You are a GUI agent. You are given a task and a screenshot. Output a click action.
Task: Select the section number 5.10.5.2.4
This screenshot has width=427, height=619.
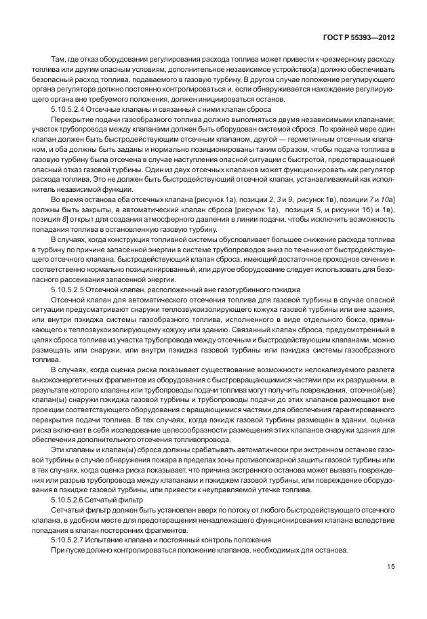73,109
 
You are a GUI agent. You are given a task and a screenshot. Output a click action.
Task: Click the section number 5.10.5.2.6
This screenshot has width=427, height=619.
73,499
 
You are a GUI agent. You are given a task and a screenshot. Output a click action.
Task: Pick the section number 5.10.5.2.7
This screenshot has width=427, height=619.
73,539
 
